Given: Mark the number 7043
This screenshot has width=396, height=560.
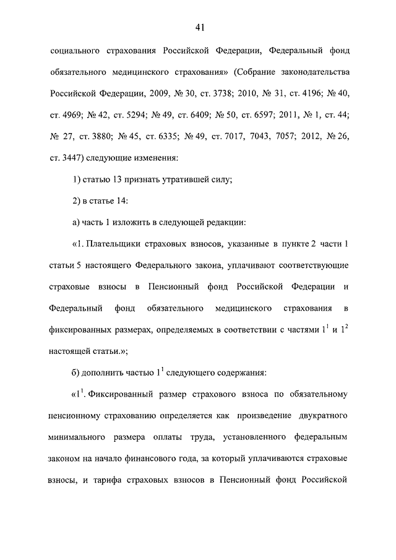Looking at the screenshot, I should coord(243,136).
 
